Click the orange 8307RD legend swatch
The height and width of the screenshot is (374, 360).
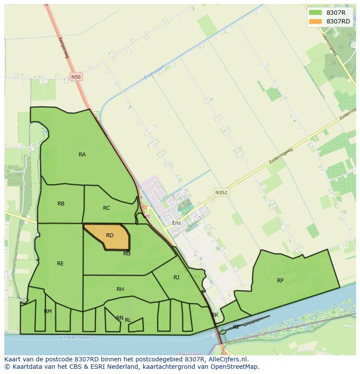click(x=316, y=21)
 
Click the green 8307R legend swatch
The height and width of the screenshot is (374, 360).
click(x=316, y=13)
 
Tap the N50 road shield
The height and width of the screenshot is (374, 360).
click(x=76, y=77)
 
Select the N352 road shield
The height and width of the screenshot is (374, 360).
click(x=221, y=192)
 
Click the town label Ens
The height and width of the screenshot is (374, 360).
click(x=177, y=223)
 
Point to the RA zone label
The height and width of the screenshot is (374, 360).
click(x=82, y=155)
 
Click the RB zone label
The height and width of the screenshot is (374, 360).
click(x=61, y=204)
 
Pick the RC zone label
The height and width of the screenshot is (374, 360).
click(x=107, y=208)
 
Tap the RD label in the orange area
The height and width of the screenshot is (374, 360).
click(x=110, y=235)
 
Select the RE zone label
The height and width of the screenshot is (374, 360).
click(x=60, y=264)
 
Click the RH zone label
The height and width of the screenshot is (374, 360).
click(x=120, y=289)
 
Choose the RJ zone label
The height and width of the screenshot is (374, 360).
click(x=176, y=278)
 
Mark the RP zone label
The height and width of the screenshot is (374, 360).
click(x=280, y=281)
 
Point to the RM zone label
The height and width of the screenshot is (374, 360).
click(x=48, y=311)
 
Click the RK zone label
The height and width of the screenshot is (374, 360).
click(x=215, y=315)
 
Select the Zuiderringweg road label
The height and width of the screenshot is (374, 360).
click(x=281, y=156)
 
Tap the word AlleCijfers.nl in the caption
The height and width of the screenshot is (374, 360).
click(x=227, y=359)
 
